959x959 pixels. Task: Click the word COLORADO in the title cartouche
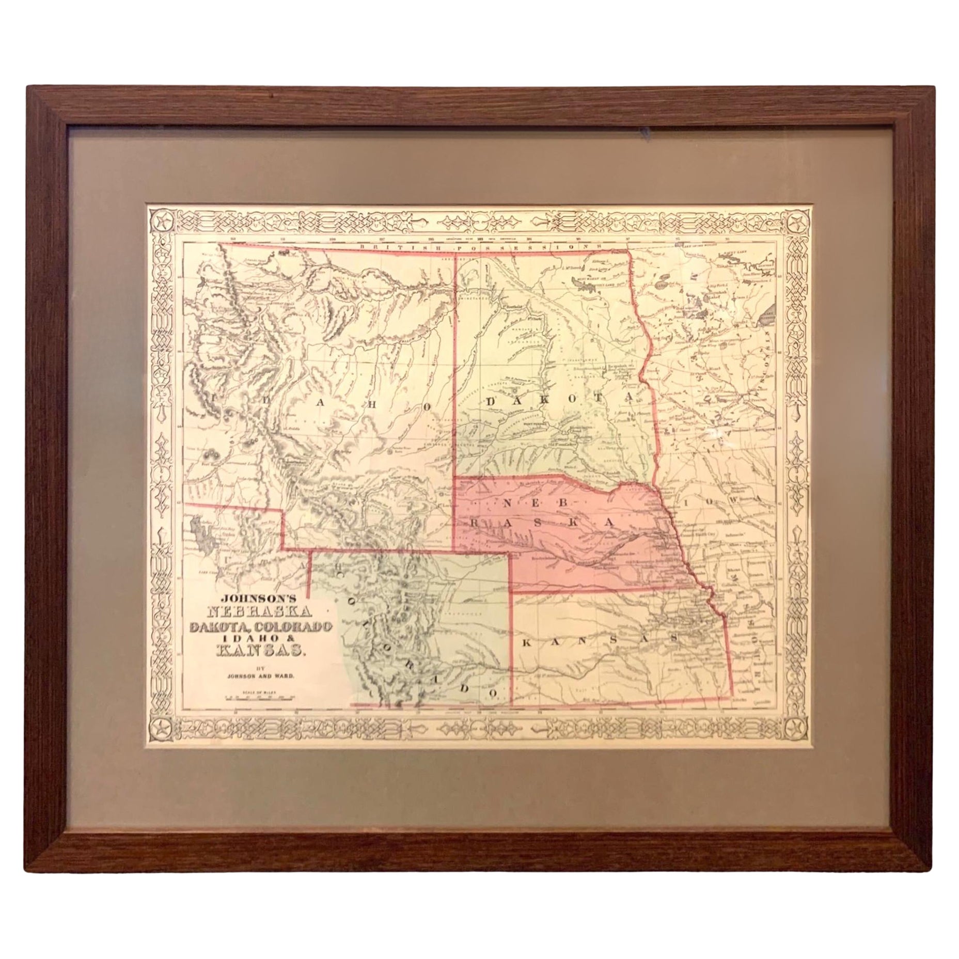[297, 626]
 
